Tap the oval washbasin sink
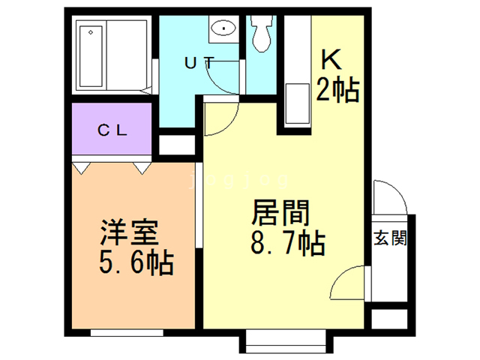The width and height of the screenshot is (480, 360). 223,28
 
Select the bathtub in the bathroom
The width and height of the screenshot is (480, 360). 91,56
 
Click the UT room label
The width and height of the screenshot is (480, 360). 199,63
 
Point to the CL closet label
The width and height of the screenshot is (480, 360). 112,130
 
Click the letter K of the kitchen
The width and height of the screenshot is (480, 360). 331,60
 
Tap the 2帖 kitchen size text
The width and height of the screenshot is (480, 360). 337,90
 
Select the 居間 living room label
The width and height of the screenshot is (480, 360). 280,213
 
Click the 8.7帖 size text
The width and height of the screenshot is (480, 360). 288,243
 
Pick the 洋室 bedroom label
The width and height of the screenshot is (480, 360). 129,232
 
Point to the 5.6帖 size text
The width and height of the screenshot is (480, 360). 136,263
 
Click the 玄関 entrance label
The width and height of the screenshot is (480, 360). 390,238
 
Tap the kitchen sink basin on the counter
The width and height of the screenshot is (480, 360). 297,103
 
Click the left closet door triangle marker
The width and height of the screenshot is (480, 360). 82,168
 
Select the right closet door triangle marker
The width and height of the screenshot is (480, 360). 142,168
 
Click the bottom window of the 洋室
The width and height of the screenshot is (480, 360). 127,333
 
